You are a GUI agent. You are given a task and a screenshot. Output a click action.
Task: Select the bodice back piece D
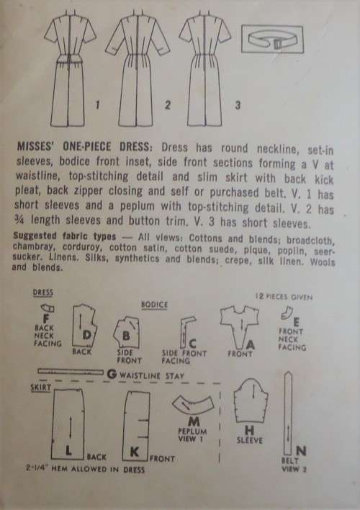86,328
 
